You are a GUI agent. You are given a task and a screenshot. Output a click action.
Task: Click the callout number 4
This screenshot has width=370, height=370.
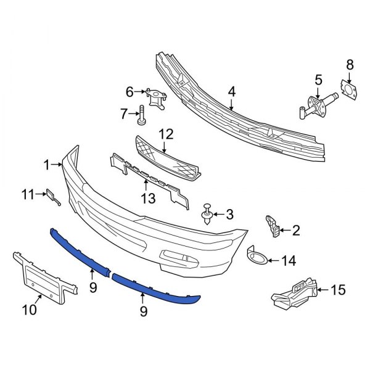click(232, 92)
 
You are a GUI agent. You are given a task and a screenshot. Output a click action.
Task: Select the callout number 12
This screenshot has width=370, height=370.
click(166, 134)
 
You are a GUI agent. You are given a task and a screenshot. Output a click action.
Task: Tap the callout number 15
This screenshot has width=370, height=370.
click(339, 289)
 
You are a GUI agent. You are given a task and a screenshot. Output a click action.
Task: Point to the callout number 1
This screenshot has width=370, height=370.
click(46, 164)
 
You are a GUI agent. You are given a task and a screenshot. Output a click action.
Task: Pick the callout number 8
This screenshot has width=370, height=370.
click(350, 64)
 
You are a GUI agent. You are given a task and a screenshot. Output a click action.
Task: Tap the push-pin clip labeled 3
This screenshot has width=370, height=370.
click(207, 215)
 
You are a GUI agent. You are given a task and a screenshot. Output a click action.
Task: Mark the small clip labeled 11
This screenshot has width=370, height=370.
click(52, 196)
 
